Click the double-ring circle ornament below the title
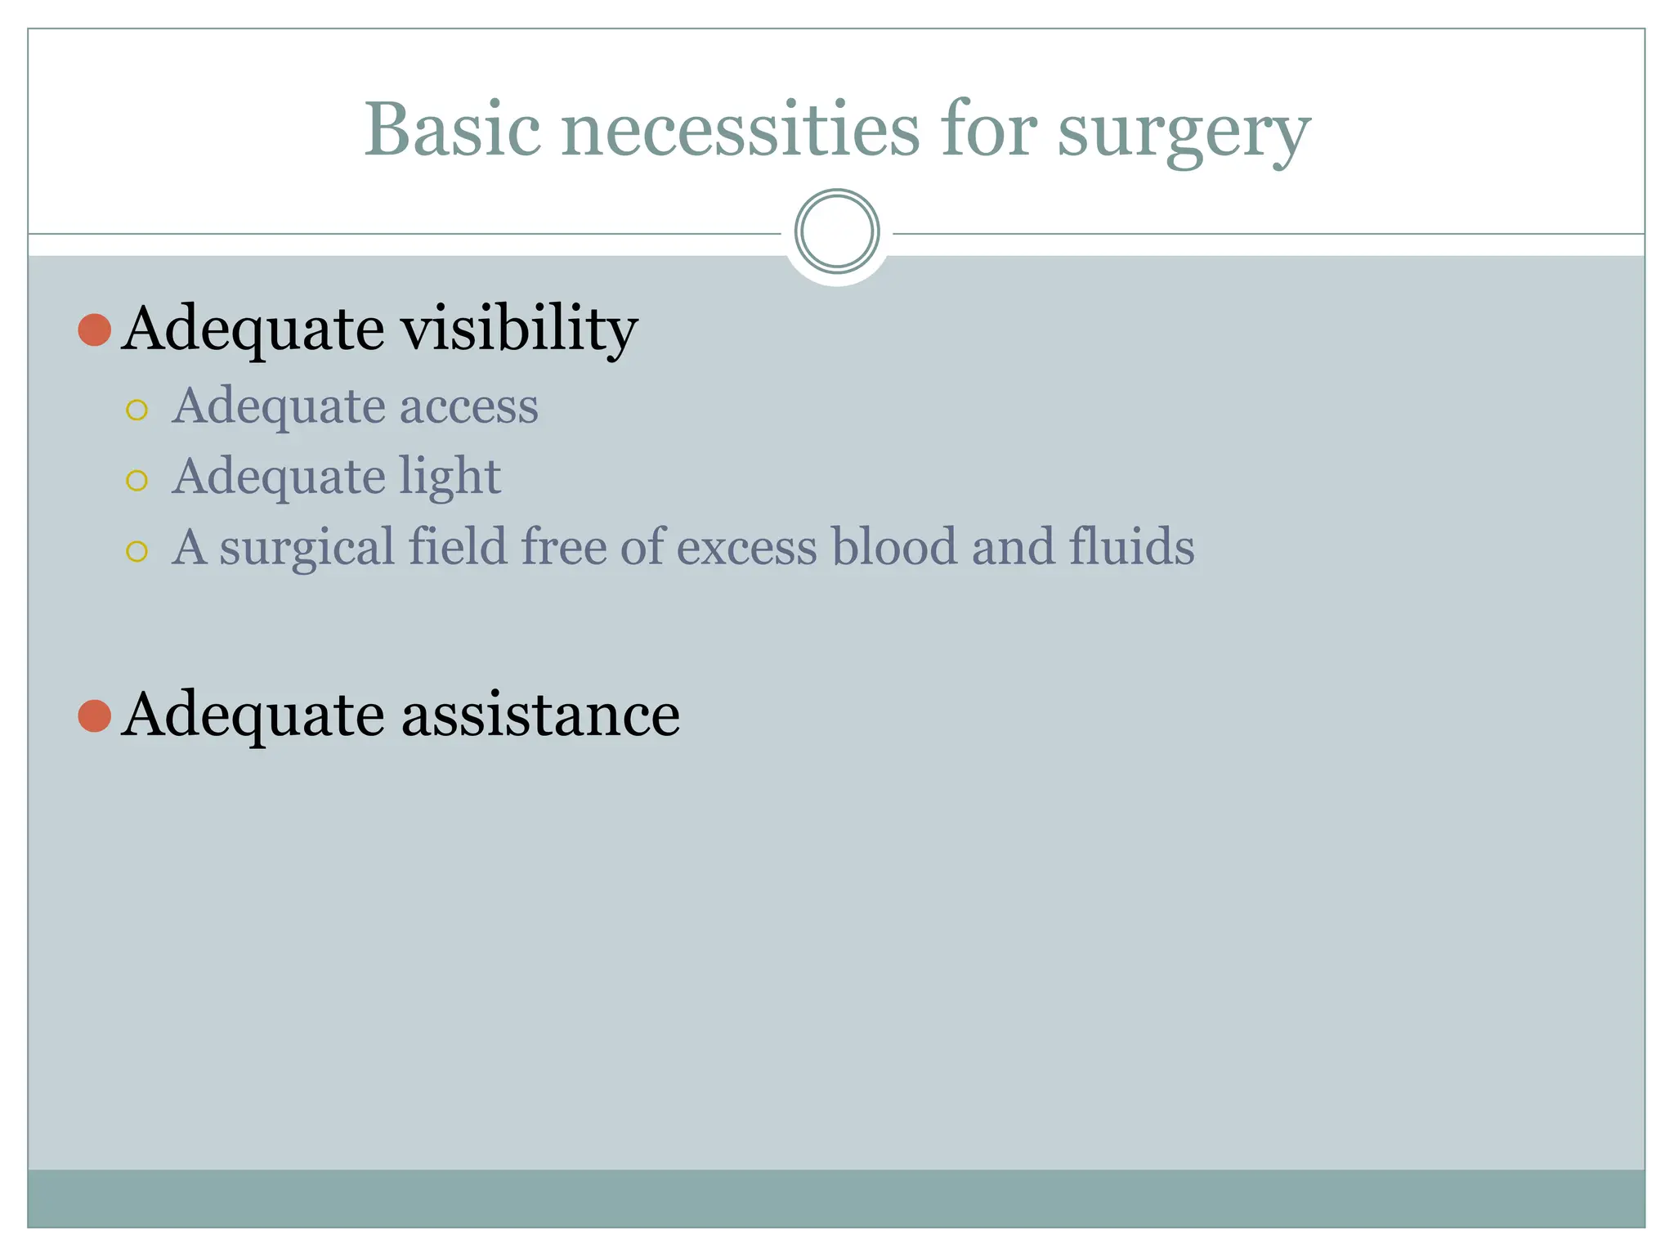836,231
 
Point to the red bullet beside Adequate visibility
95,330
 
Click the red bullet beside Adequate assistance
95,715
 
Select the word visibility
519,329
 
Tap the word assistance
540,715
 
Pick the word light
450,477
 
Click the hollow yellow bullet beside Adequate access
137,410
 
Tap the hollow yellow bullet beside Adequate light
137,480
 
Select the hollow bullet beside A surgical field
137,551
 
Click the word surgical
307,548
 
